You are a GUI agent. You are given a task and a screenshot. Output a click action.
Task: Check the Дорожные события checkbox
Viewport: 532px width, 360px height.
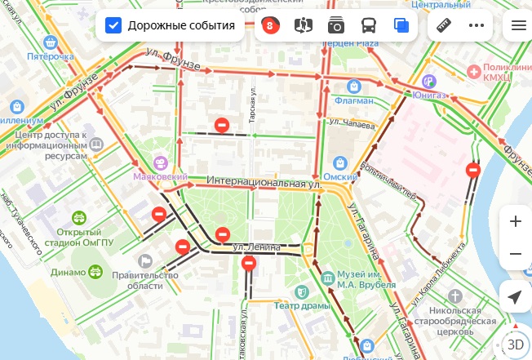(x=114, y=25)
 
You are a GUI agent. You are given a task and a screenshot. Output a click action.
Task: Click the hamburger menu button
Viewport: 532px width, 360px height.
(x=517, y=25)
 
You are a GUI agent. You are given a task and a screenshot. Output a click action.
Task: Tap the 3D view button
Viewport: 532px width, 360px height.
(x=515, y=344)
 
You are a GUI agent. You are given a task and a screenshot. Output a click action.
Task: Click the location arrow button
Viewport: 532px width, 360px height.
(x=515, y=296)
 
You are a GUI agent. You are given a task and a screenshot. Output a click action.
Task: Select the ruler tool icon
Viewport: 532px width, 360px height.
(x=445, y=25)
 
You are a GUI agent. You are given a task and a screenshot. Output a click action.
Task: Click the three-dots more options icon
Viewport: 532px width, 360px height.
(x=477, y=25)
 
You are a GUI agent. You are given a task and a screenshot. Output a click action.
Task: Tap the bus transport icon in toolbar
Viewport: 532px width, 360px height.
(x=369, y=25)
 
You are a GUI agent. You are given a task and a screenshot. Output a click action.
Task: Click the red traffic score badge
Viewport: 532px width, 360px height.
(x=270, y=25)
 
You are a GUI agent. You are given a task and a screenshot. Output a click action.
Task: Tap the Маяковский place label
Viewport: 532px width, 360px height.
(x=160, y=176)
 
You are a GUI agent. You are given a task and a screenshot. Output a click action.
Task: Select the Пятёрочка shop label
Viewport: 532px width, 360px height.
(x=50, y=57)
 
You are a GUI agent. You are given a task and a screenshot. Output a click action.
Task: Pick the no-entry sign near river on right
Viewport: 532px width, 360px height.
(x=472, y=171)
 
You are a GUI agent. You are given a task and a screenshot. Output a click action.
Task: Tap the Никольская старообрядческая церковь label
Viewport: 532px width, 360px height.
(x=467, y=322)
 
